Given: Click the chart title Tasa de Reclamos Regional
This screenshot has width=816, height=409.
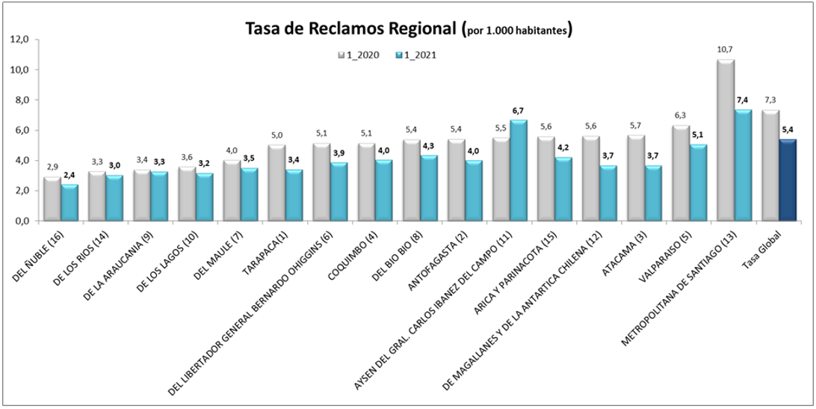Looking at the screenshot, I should pyautogui.click(x=351, y=29).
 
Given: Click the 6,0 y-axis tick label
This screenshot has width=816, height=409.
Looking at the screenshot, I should pyautogui.click(x=18, y=130).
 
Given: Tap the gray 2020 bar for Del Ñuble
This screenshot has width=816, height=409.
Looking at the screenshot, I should pyautogui.click(x=52, y=199).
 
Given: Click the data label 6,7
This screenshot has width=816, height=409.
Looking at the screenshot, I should pyautogui.click(x=517, y=111).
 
